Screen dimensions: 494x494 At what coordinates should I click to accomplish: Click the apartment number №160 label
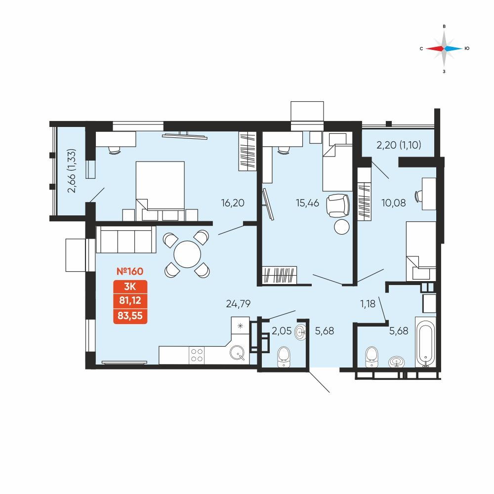(x=130, y=271)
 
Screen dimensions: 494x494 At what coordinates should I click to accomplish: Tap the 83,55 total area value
(x=130, y=316)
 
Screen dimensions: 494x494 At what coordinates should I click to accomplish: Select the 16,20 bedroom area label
(x=233, y=203)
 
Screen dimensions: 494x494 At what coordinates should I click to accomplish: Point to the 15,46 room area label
(x=307, y=203)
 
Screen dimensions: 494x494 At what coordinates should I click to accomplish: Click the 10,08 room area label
(x=394, y=203)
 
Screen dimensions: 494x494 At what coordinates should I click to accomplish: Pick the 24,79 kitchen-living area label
(x=238, y=304)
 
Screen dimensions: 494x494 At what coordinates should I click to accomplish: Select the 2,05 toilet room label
(x=282, y=331)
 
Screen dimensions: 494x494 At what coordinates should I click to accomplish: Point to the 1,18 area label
(x=368, y=304)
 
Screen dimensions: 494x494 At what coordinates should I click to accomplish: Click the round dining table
(x=187, y=254)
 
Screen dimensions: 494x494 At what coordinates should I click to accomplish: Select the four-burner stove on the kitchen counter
(x=197, y=355)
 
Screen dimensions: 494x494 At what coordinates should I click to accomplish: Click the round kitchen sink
(x=237, y=353)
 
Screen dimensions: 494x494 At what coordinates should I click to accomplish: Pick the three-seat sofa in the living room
(x=126, y=240)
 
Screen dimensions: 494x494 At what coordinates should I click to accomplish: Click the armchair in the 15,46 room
(x=338, y=206)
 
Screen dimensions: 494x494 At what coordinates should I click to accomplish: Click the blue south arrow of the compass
(x=453, y=48)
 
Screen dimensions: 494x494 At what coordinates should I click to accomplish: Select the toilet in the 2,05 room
(x=284, y=357)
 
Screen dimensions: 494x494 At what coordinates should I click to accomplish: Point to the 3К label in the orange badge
(x=130, y=287)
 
